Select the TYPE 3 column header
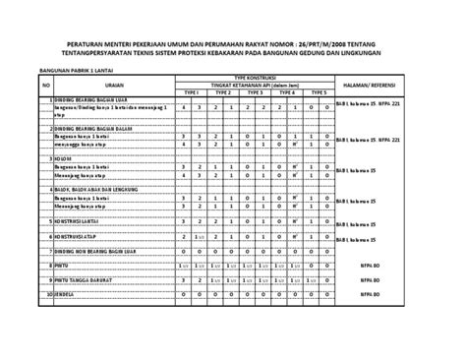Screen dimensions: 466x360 [x=255, y=92]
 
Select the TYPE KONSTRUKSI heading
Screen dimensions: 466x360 [x=255, y=77]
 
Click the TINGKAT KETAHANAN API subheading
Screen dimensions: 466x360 [x=255, y=85]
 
